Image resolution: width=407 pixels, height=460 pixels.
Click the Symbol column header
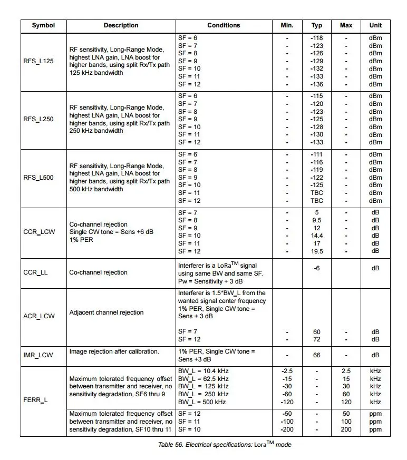[43, 25]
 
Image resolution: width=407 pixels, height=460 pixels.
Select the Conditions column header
[224, 25]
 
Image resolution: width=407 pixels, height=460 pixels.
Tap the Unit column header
[375, 25]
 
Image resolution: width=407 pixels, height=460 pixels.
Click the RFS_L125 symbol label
[38, 61]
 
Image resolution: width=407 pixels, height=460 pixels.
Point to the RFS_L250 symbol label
[38, 119]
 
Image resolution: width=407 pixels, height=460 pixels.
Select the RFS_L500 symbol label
[38, 178]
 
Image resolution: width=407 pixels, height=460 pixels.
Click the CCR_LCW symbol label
[39, 232]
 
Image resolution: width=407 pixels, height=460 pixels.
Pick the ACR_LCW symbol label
[39, 316]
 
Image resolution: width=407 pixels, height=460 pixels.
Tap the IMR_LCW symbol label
[39, 356]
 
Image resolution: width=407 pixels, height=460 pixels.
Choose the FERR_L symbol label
[35, 399]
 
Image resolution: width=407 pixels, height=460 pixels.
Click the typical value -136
[317, 84]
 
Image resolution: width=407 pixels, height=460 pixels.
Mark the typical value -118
[317, 38]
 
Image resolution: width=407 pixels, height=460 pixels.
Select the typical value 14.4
[317, 236]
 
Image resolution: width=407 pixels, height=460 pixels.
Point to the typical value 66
[317, 355]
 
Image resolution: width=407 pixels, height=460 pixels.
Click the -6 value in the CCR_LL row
[317, 268]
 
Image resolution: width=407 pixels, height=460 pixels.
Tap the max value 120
[346, 402]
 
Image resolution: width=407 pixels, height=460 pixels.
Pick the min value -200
[287, 429]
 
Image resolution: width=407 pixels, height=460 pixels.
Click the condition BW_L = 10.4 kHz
[203, 371]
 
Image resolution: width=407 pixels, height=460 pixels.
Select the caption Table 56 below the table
[225, 445]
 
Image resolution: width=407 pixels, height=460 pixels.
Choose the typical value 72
[317, 339]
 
